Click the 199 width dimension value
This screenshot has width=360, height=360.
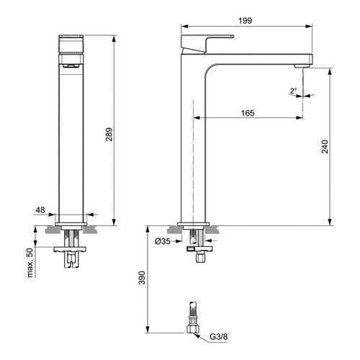click(x=245, y=22)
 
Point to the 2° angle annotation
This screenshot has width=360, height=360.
click(x=292, y=91)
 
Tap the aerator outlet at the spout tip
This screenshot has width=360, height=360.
click(x=303, y=66)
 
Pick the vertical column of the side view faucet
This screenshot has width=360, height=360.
click(x=193, y=144)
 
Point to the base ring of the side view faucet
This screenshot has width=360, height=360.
click(x=193, y=221)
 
